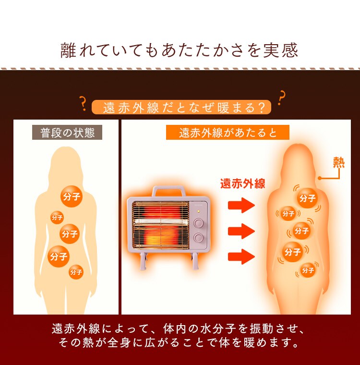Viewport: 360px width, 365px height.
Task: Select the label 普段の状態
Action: tap(67, 133)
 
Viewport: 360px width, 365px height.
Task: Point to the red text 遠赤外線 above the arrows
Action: tap(242, 183)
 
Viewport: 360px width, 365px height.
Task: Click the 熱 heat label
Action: tap(339, 163)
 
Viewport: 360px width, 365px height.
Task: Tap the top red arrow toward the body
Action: tap(241, 206)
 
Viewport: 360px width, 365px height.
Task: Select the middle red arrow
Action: tap(241, 231)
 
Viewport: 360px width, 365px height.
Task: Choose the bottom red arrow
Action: tap(241, 256)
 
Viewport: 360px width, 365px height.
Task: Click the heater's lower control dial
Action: tap(198, 238)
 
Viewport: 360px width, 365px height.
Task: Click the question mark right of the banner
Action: tap(281, 97)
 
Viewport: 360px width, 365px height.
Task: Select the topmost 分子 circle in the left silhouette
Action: tap(71, 195)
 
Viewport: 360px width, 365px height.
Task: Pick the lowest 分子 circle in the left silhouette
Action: tap(76, 272)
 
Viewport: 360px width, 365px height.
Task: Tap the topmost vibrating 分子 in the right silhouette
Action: tap(307, 197)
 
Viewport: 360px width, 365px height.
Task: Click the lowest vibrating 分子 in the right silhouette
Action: tap(308, 270)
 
